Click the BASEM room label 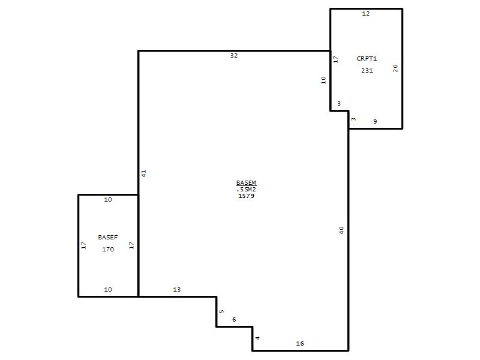pos(246,183)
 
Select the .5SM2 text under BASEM pos(246,190)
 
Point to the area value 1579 pos(246,196)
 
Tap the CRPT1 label pos(367,58)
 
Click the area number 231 pos(367,70)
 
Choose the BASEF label pos(108,237)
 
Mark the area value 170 pos(108,249)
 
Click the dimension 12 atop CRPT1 pos(366,13)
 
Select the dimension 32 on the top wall pos(234,55)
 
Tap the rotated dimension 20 pos(395,68)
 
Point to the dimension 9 pos(375,122)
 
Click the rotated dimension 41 pos(143,173)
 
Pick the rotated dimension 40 pos(341,230)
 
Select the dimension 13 pos(177,289)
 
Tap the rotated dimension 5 pos(221,311)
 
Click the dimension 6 pos(234,320)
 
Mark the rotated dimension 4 pos(258,338)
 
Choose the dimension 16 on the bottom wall pos(300,343)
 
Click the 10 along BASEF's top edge pos(108,200)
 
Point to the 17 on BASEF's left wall pos(84,245)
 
